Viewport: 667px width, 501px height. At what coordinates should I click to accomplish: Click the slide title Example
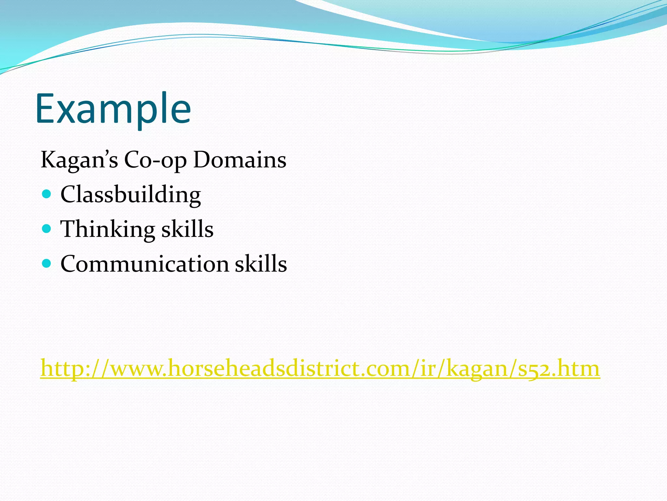(113, 109)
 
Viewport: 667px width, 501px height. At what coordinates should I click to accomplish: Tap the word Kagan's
(79, 160)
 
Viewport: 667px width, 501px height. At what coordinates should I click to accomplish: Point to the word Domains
(240, 160)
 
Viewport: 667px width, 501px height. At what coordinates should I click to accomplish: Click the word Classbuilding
(131, 195)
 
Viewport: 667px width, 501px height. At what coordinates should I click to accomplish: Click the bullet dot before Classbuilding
(47, 194)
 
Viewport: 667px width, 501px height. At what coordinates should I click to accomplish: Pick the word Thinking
(107, 229)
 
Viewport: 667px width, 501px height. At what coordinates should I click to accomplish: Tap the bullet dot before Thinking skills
(47, 229)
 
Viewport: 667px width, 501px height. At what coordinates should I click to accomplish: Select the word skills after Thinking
(187, 229)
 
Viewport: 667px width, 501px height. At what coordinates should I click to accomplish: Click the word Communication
(145, 264)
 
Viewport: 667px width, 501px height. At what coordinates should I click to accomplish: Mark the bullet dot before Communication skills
(47, 263)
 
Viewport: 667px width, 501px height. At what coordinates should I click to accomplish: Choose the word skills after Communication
(261, 264)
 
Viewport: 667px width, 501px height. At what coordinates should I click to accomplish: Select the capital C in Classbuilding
(68, 195)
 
